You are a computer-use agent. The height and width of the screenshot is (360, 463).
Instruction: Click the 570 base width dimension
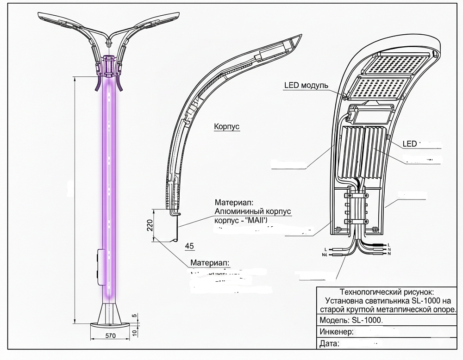point(110,336)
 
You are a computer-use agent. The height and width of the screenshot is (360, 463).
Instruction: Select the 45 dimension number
point(189,245)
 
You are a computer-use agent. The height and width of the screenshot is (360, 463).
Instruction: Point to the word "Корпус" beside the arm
point(227,126)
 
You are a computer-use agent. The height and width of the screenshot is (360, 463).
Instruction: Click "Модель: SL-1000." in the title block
point(351,320)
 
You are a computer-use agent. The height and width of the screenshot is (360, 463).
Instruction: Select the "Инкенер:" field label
point(337,332)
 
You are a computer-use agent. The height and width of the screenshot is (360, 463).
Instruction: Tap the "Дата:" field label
point(330,344)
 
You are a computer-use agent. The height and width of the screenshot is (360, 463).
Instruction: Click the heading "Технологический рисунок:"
point(387,292)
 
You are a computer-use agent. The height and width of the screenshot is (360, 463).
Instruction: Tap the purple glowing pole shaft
point(109,185)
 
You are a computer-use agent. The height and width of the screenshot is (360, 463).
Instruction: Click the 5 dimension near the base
point(134,316)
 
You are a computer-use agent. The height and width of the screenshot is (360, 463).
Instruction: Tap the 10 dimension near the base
point(134,332)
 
